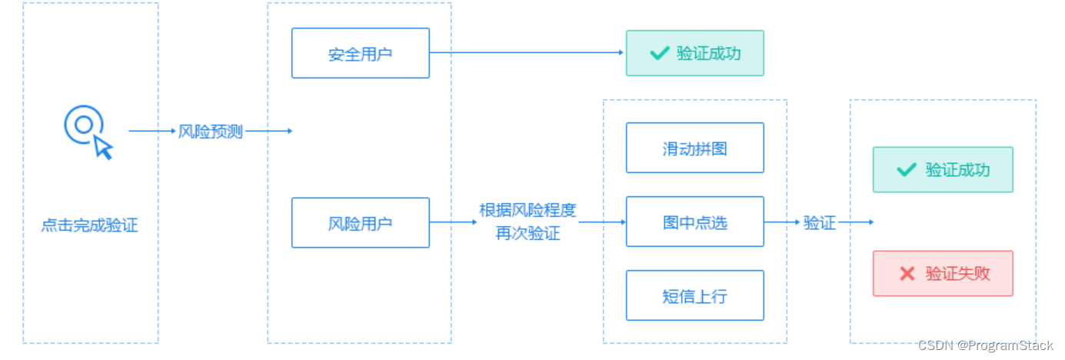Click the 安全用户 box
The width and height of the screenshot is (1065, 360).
[x=360, y=53]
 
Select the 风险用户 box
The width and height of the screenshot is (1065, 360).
[x=360, y=223]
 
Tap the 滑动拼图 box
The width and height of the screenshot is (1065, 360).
[x=694, y=148]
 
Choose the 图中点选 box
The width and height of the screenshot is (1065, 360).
[x=694, y=222]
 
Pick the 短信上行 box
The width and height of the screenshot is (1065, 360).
[x=694, y=295]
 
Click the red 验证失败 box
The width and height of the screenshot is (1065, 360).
[x=943, y=273]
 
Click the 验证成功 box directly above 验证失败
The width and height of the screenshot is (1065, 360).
[x=943, y=169]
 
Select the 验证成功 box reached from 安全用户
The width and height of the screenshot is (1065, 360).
[x=694, y=53]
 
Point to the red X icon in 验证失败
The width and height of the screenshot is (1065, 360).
[x=907, y=273]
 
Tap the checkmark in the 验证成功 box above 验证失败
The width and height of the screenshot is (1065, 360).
[x=907, y=169]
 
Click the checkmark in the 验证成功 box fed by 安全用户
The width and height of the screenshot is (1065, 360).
[x=659, y=53]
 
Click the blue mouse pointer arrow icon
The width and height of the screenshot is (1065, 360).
[x=103, y=146]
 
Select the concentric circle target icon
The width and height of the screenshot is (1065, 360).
[x=82, y=125]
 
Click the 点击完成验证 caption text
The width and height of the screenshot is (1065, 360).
[x=90, y=226]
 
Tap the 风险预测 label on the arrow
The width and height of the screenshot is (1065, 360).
[x=210, y=132]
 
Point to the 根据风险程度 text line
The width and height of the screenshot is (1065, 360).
[x=528, y=211]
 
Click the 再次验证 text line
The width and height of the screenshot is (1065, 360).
[x=528, y=233]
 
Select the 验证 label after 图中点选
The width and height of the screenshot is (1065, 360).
[x=819, y=223]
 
